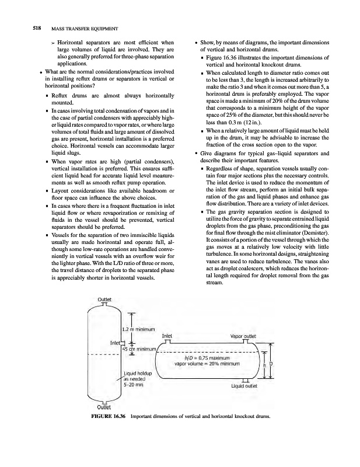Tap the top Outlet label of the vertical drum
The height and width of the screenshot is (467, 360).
tap(104, 299)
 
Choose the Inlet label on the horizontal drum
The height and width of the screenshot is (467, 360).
tap(167, 336)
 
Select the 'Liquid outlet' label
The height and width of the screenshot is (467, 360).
tap(244, 385)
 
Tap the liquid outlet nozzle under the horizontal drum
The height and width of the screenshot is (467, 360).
tap(243, 379)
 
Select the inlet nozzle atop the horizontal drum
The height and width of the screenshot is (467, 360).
tap(167, 343)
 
